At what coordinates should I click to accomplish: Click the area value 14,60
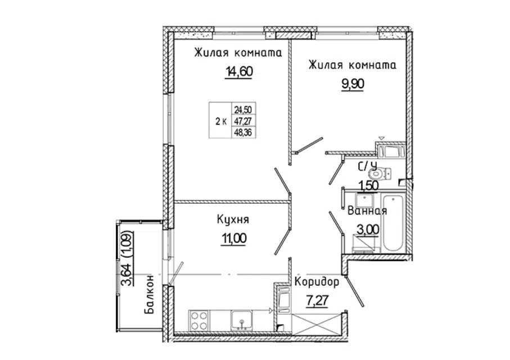(238, 71)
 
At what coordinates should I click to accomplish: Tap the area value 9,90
(353, 84)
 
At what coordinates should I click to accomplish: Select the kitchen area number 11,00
(233, 238)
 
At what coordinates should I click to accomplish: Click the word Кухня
(233, 220)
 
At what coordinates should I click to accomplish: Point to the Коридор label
(317, 282)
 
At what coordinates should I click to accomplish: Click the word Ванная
(367, 211)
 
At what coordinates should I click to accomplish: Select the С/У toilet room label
(368, 166)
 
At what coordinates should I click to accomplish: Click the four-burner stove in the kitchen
(199, 321)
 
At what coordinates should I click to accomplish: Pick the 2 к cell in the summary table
(221, 121)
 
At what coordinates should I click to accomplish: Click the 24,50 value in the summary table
(243, 109)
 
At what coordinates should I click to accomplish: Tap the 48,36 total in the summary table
(243, 133)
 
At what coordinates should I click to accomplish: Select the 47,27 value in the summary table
(243, 121)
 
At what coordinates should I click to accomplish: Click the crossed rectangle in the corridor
(317, 324)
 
